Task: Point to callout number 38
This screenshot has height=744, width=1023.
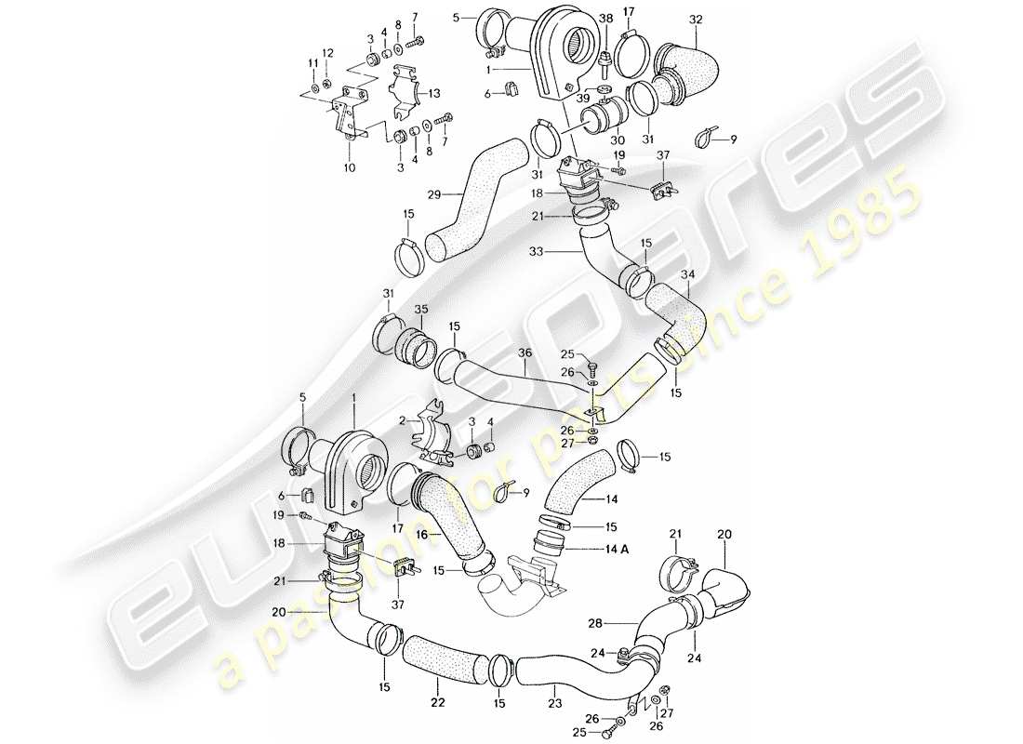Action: [606, 18]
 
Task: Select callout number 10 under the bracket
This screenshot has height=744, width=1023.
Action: [349, 169]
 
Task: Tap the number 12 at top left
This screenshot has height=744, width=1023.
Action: [326, 51]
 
